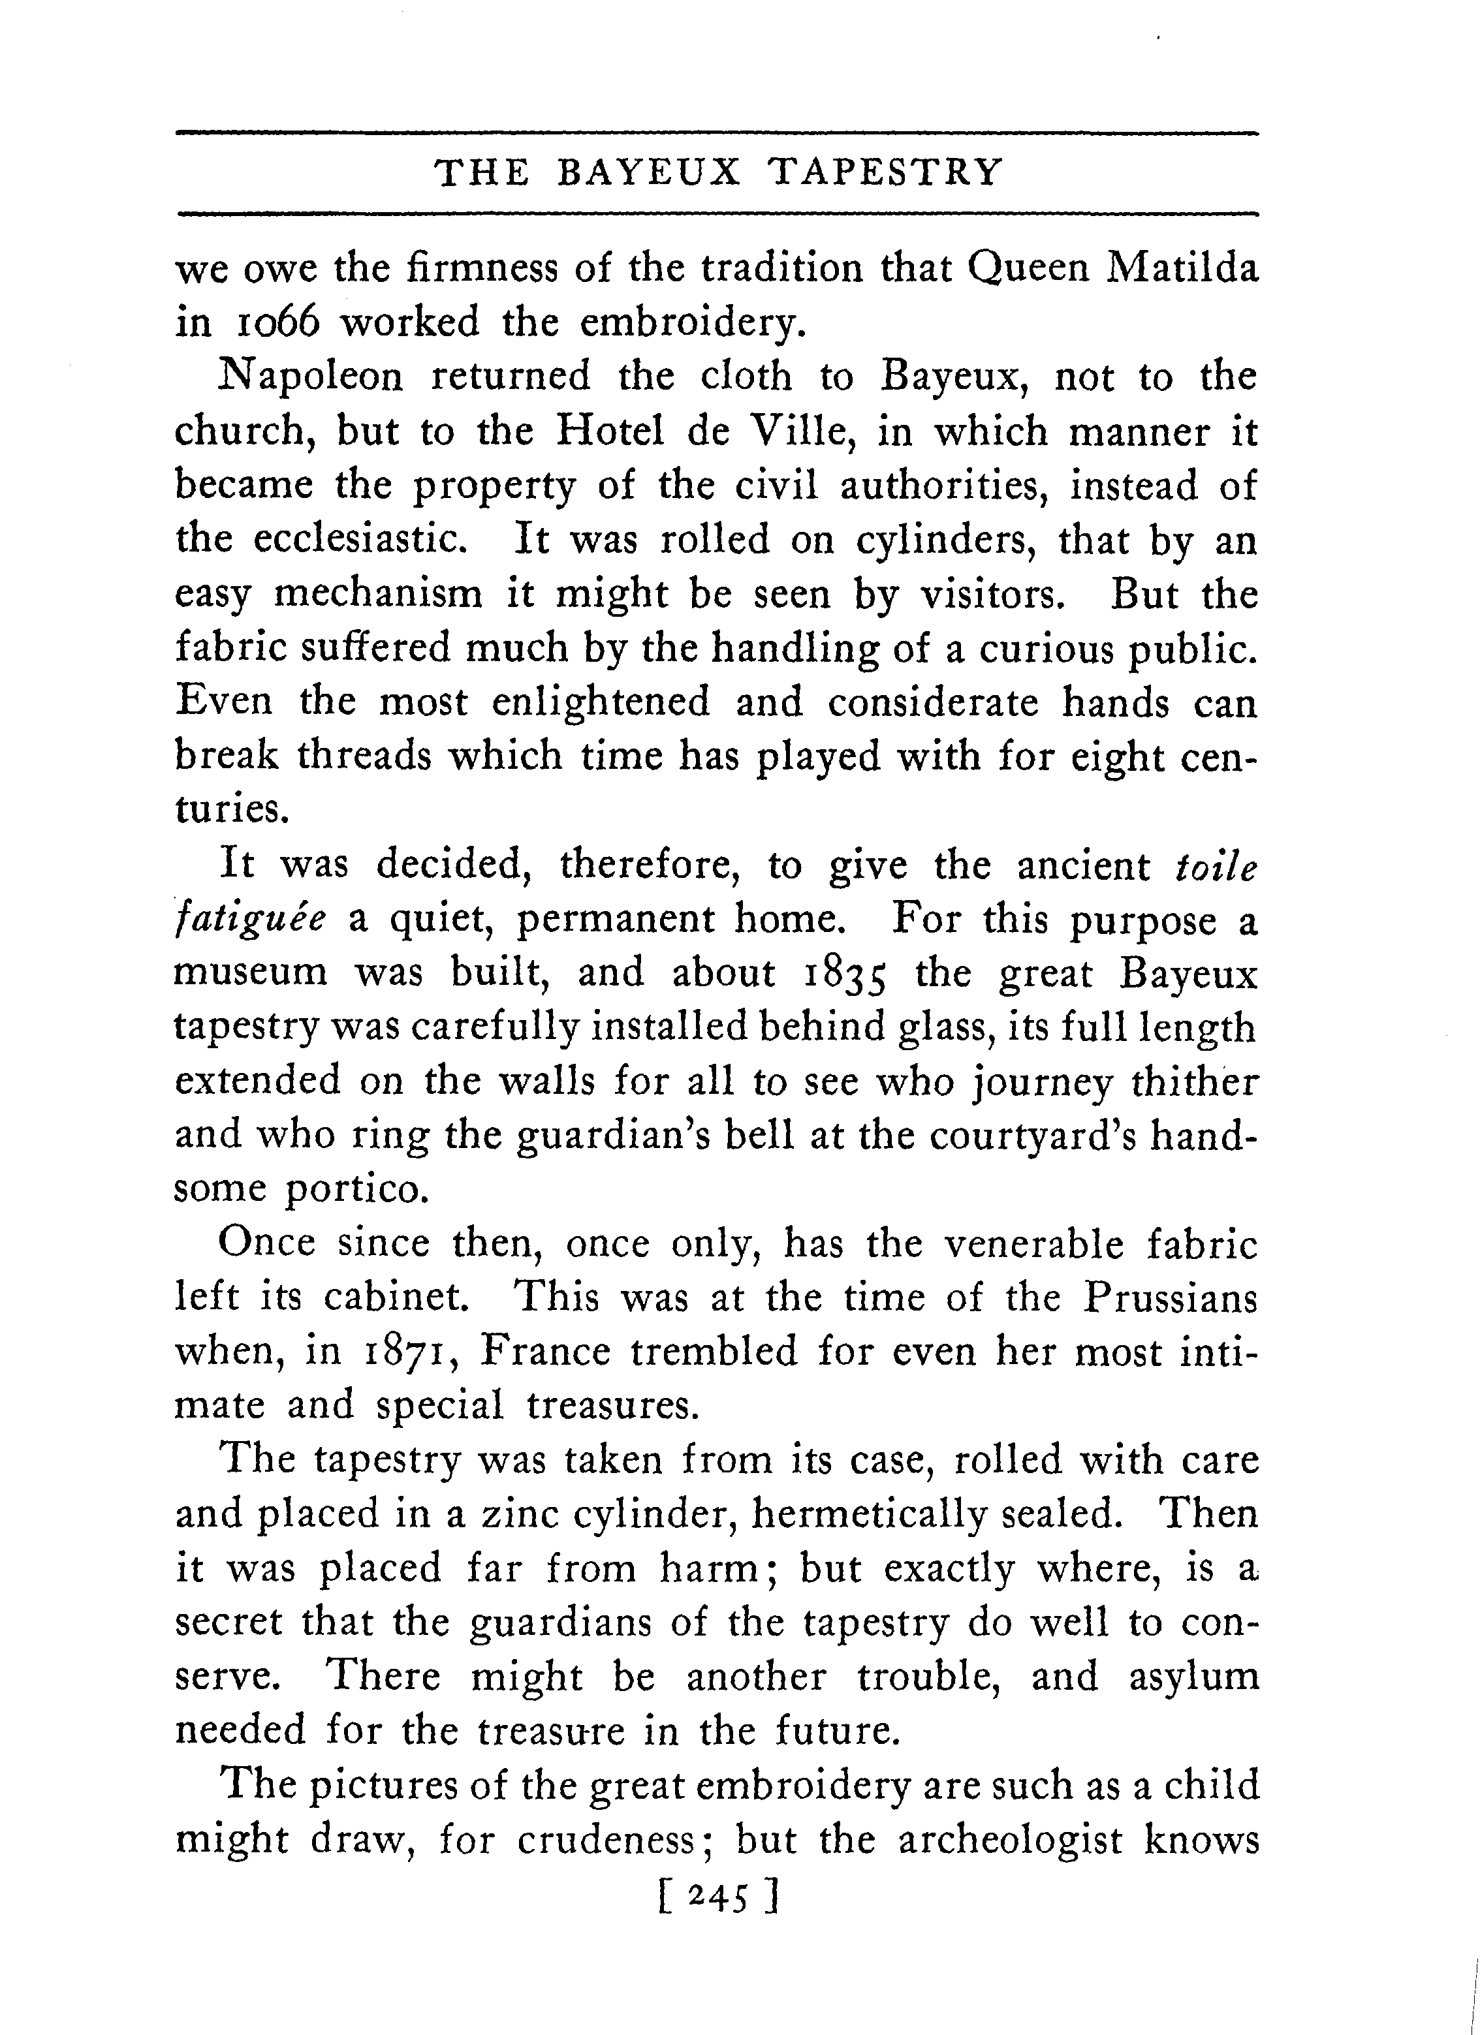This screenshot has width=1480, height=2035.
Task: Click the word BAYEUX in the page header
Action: [x=649, y=172]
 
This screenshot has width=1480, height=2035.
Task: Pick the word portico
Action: [x=353, y=1190]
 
